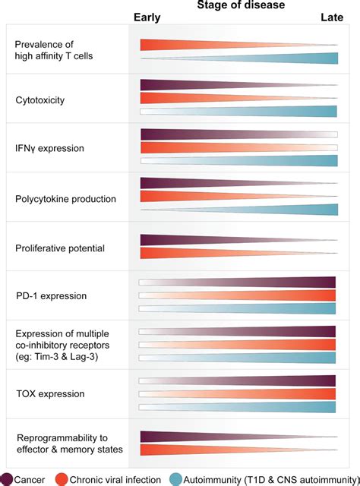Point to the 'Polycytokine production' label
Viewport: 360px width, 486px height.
(66, 198)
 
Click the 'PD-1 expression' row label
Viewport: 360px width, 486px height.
(51, 295)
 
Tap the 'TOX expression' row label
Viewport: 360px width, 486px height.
(50, 394)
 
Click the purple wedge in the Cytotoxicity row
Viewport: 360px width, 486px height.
(197, 85)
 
